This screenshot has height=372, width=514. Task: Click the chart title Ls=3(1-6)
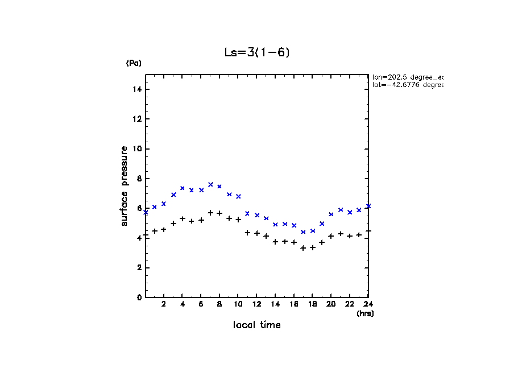pyautogui.click(x=258, y=52)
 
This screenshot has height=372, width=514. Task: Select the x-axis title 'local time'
pyautogui.click(x=257, y=325)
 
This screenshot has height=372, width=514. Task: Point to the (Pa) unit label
pyautogui.click(x=134, y=63)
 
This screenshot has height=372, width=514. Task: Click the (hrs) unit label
pyautogui.click(x=365, y=313)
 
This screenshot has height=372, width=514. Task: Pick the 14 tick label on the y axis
pyautogui.click(x=137, y=90)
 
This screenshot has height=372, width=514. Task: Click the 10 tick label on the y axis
pyautogui.click(x=137, y=149)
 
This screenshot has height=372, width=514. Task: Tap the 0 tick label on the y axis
pyautogui.click(x=139, y=297)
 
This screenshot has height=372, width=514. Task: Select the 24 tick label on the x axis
pyautogui.click(x=368, y=304)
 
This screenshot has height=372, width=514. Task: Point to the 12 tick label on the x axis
pyautogui.click(x=256, y=304)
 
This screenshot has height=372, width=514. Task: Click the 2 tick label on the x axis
pyautogui.click(x=164, y=304)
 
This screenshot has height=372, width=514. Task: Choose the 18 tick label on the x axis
pyautogui.click(x=312, y=304)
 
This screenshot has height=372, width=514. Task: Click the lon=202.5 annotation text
pyautogui.click(x=407, y=77)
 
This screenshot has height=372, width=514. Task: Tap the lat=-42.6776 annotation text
pyautogui.click(x=407, y=85)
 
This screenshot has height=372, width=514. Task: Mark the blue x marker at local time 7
pyautogui.click(x=210, y=184)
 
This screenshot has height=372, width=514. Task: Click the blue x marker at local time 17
pyautogui.click(x=303, y=232)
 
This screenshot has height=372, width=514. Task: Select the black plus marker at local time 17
pyautogui.click(x=303, y=248)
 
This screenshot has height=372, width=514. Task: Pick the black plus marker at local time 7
pyautogui.click(x=210, y=213)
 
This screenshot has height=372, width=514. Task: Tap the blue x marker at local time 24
pyautogui.click(x=368, y=206)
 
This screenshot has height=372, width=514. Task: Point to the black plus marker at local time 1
pyautogui.click(x=155, y=231)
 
